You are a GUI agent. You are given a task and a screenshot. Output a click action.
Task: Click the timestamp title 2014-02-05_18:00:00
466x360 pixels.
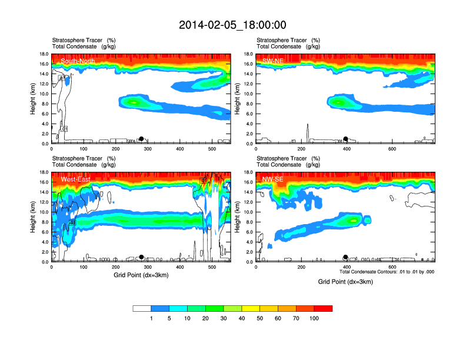232,25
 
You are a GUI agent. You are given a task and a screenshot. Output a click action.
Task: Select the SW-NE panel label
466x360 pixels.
275,61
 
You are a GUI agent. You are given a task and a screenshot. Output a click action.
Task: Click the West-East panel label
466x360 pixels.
75,179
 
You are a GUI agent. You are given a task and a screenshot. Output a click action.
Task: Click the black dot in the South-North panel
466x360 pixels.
141,139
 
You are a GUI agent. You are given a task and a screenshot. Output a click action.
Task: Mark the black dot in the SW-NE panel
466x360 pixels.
346,139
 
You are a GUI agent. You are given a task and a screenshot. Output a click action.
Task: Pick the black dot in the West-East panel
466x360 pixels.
141,257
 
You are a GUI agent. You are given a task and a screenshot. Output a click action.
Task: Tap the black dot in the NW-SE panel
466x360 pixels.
346,257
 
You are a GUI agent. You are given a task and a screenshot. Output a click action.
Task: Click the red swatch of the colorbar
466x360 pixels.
323,308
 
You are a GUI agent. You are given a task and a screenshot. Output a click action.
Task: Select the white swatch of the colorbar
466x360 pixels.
142,308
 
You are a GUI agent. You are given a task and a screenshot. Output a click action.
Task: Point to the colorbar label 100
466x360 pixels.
314,318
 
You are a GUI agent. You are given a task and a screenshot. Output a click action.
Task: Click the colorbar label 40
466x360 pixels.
242,318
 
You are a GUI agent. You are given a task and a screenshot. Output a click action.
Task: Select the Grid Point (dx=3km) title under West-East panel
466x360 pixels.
141,275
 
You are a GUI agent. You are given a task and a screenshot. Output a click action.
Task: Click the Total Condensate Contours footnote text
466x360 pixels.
387,272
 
